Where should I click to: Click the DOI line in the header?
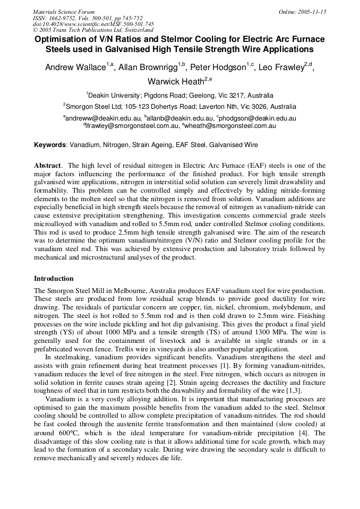pos(93,24)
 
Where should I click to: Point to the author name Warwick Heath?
pos(174,82)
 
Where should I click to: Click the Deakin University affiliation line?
pos(180,96)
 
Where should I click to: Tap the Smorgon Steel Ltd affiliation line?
pos(180,106)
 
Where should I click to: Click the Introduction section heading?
pos(54,279)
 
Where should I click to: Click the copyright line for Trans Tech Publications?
pos(93,30)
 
